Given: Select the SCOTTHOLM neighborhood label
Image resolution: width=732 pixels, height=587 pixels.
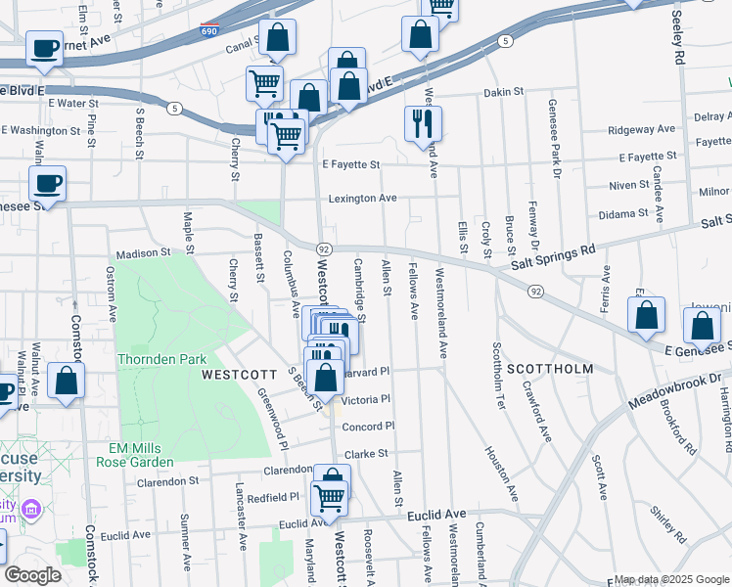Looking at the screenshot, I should point(550,369).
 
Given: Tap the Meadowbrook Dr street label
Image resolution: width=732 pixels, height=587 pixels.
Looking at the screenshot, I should point(676,378).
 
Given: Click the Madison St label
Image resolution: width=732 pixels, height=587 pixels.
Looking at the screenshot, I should point(143,252).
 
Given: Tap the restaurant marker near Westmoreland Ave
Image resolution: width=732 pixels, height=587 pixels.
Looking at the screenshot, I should point(423,124).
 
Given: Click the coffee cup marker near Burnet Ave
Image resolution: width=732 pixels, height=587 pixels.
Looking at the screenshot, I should point(44,49).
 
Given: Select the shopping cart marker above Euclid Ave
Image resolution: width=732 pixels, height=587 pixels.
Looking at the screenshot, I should point(330,497).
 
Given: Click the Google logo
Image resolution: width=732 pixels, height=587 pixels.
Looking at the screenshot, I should point(32,575).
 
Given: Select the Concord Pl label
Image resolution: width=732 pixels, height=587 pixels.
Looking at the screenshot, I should point(368,426).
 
